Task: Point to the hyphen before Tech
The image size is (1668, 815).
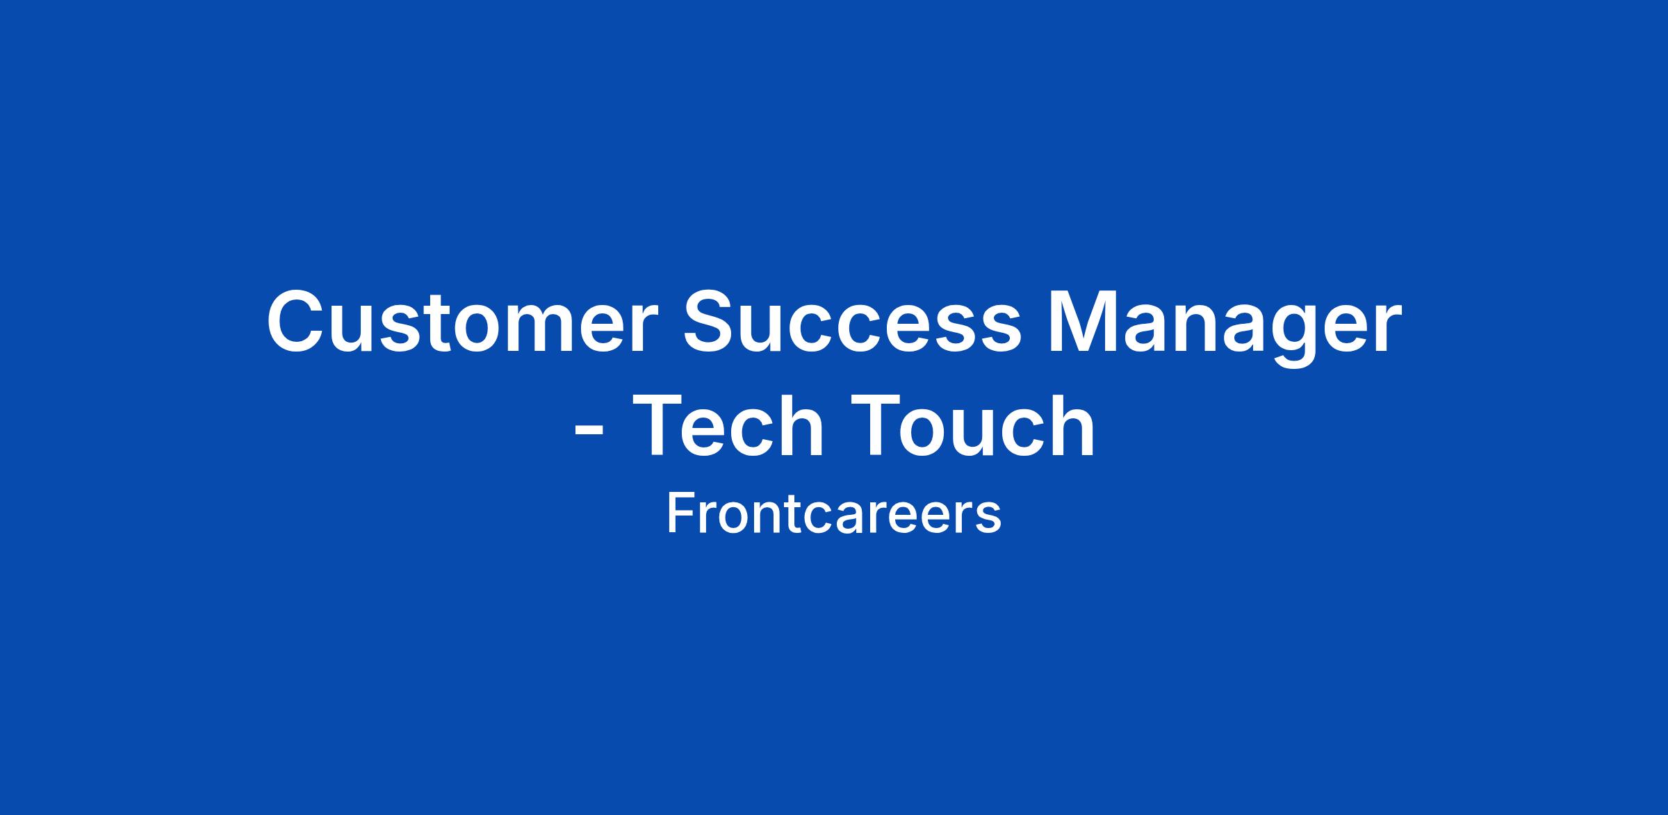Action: click(588, 433)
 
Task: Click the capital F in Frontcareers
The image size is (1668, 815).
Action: click(680, 513)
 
